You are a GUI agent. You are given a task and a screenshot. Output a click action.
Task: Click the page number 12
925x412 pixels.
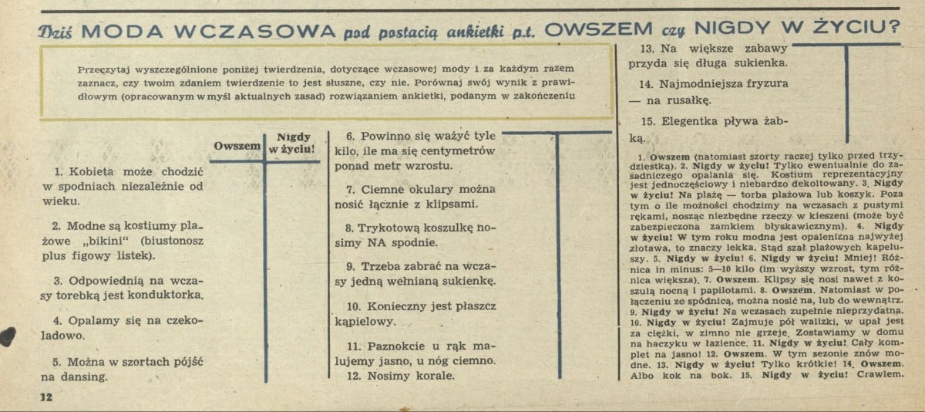(x=44, y=398)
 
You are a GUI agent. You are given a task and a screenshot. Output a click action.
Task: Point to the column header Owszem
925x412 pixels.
(x=237, y=146)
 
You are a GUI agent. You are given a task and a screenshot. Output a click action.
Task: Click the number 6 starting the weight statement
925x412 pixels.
(x=349, y=133)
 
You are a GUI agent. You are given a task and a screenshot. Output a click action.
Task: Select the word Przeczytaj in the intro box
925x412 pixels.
(x=106, y=68)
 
